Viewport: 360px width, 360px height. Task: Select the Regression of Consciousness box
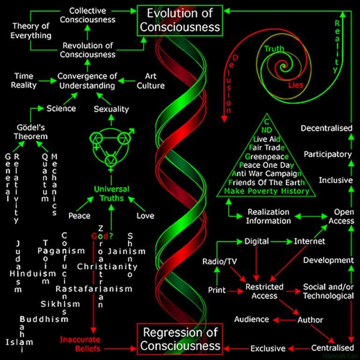[181, 339]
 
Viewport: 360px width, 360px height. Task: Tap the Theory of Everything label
[31, 30]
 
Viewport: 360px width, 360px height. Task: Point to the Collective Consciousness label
[88, 15]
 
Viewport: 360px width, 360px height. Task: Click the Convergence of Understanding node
[86, 80]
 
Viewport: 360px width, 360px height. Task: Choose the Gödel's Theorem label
[29, 131]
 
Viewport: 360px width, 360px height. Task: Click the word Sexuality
[111, 109]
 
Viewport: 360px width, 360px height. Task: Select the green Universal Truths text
[111, 194]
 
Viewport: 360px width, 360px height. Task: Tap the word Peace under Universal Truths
[79, 216]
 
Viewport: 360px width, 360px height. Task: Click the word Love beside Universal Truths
[145, 216]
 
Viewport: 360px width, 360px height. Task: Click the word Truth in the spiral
[274, 49]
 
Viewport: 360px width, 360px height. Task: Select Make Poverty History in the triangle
[266, 191]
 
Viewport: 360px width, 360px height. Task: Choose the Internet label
[310, 241]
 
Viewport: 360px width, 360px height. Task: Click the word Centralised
[333, 348]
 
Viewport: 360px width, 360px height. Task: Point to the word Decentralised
[326, 128]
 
